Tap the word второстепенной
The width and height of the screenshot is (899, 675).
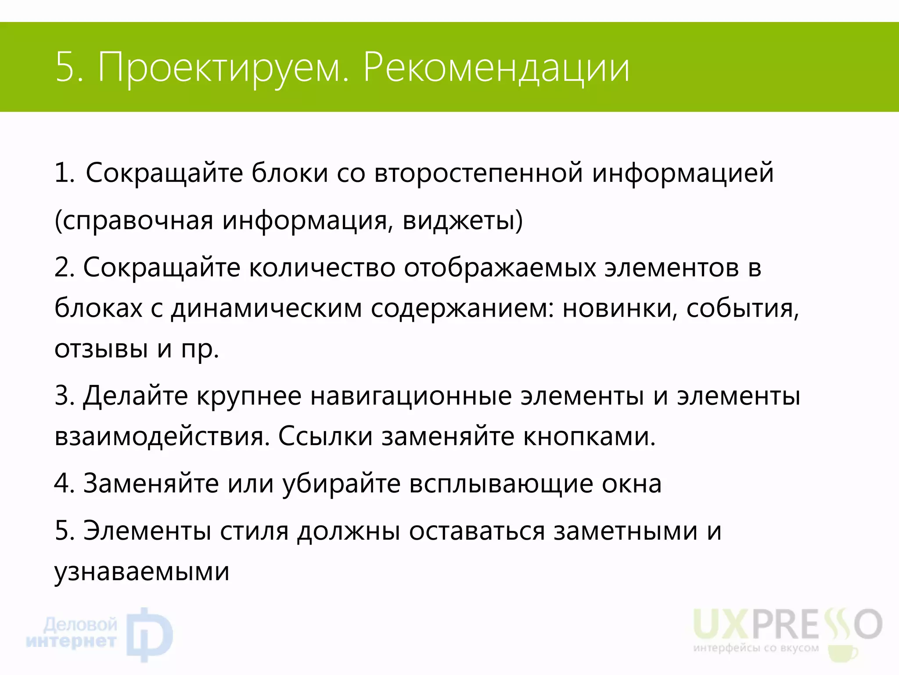[x=478, y=173]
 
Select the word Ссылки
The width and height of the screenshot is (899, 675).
[x=325, y=436]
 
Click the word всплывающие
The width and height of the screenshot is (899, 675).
[x=501, y=484]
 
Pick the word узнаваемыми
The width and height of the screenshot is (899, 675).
[x=142, y=572]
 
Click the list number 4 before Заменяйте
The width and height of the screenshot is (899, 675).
[x=62, y=484]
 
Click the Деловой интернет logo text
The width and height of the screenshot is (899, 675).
[x=72, y=633]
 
